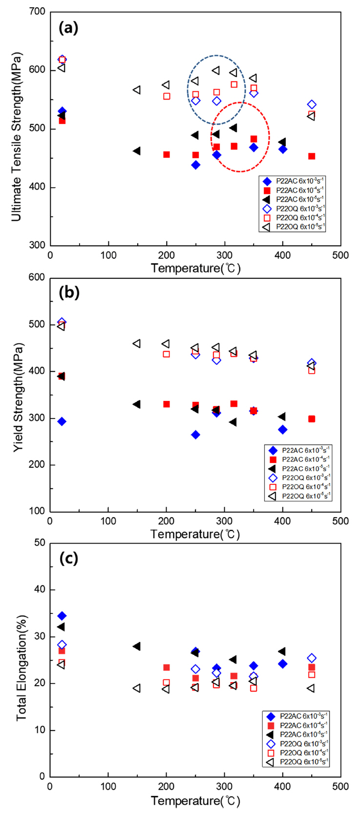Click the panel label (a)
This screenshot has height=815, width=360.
click(x=68, y=28)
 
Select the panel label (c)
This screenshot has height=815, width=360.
click(x=68, y=558)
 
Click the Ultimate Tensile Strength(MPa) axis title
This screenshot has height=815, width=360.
click(x=16, y=129)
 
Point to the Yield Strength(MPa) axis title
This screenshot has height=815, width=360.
click(x=18, y=395)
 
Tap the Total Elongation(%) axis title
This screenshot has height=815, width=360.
click(x=21, y=660)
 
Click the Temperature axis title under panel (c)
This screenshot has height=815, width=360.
click(x=195, y=800)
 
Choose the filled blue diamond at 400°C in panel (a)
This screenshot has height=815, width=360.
click(x=282, y=149)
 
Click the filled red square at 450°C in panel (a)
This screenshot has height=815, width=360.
click(x=312, y=156)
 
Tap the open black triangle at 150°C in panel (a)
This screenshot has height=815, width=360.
click(x=137, y=90)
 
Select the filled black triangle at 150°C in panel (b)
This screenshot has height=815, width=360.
click(x=137, y=404)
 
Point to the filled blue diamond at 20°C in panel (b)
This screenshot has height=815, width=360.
click(x=62, y=421)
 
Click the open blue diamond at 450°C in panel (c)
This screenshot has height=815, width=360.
click(x=312, y=658)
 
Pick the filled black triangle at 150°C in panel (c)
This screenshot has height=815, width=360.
click(x=137, y=647)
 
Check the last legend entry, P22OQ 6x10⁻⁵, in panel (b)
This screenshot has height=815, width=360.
click(x=299, y=496)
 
